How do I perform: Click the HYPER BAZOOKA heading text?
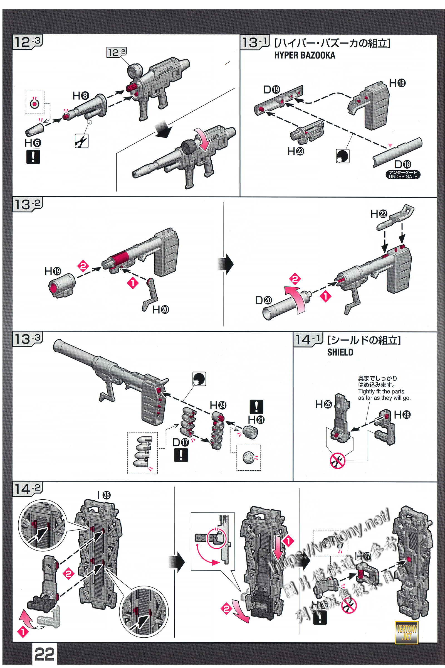305,55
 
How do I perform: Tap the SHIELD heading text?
340,352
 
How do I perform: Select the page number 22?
44,654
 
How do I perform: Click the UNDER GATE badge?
403,175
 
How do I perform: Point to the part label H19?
53,271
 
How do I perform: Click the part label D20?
263,300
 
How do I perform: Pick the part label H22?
379,214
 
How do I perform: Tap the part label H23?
295,151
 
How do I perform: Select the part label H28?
402,415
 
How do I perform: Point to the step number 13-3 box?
28,339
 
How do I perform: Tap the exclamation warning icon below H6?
33,157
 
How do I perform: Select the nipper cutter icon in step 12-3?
81,141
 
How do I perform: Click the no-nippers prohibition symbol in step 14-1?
337,460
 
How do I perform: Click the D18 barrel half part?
397,152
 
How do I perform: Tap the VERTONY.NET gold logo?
406,632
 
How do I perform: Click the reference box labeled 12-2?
116,52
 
